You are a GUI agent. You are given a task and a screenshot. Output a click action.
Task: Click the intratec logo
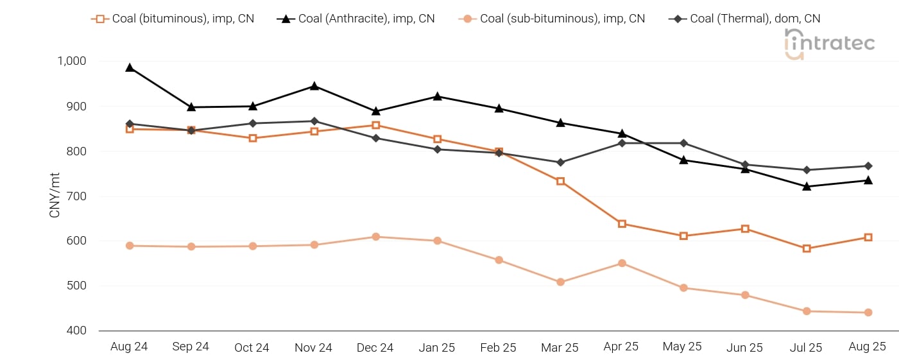pos(829,44)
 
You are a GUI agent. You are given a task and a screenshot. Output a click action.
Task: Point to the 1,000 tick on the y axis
pos(71,61)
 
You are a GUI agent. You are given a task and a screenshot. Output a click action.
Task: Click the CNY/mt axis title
pos(55,195)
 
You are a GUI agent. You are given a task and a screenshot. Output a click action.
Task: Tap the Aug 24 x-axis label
pos(129,347)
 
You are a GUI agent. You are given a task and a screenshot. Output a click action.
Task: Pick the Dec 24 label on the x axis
pos(375,347)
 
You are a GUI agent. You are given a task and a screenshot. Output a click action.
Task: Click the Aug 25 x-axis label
pos(867,347)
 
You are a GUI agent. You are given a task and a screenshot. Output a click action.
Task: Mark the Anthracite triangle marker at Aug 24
pos(130,67)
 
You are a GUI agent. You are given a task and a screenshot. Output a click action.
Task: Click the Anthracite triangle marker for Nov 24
pos(314,86)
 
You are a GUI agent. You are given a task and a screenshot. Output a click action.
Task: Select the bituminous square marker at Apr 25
pos(622,224)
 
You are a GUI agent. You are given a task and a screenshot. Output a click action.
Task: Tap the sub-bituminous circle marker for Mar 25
pos(560,282)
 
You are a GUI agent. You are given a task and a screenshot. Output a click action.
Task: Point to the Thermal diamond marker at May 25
pos(683,143)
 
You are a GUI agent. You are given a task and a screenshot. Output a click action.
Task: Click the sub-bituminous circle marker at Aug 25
pos(868,313)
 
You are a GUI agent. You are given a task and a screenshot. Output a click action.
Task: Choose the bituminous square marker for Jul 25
pos(807,248)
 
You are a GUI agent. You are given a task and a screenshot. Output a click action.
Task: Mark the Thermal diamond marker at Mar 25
pos(560,162)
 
